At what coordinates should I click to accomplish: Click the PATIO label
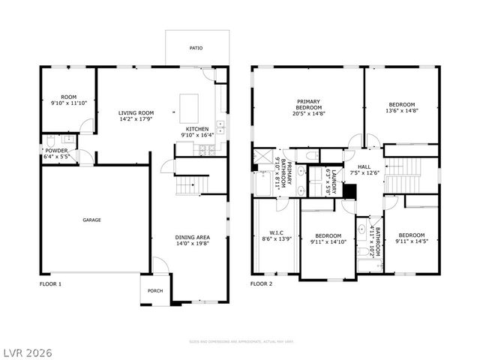point(196,48)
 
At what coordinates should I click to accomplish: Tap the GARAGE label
point(91,220)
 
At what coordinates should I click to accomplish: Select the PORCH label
point(155,291)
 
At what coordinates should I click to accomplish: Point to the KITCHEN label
point(197,129)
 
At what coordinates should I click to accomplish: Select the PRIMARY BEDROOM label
point(308,102)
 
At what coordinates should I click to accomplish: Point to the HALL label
point(364,167)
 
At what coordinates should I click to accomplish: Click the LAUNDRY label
point(328,180)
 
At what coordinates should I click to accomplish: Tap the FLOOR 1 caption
point(50,284)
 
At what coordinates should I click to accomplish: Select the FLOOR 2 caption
point(261,284)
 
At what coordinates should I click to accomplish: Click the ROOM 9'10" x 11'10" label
point(68,100)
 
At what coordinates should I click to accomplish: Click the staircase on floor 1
point(190,184)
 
